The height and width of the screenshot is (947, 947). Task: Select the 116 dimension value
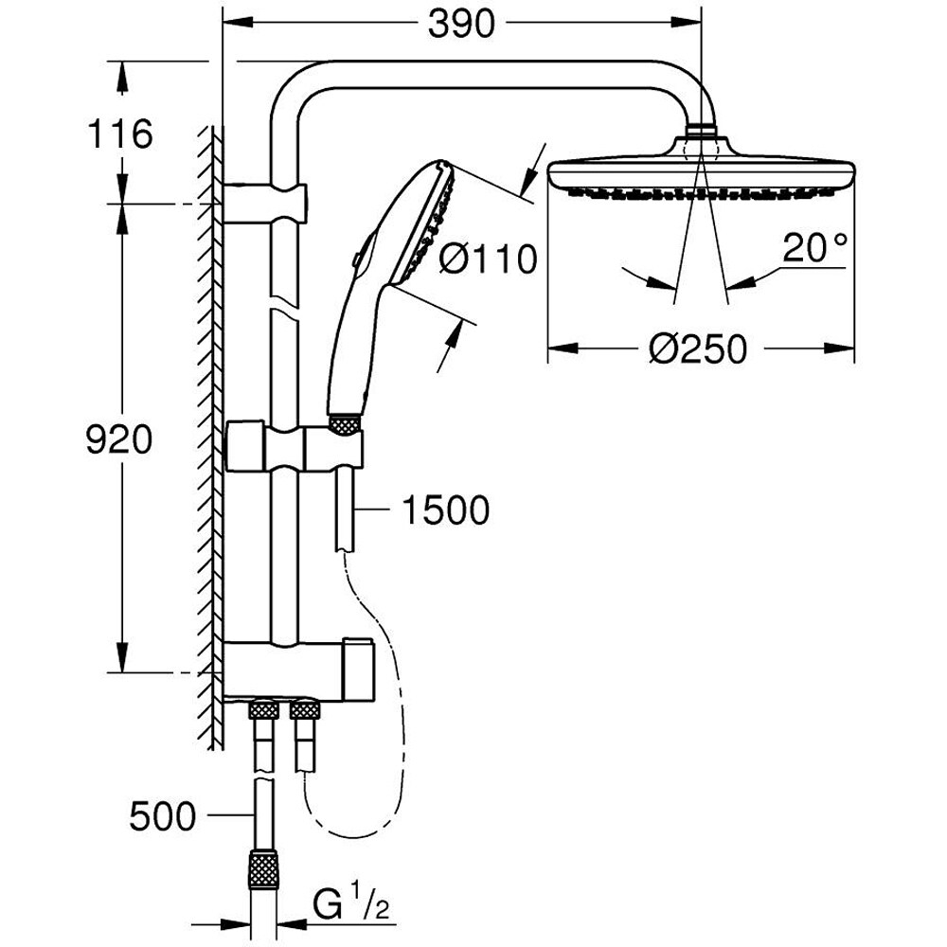119,134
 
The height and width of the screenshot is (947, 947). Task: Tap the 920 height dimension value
119,439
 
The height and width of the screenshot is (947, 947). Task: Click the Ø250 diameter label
699,348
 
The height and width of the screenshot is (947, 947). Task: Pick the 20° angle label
813,248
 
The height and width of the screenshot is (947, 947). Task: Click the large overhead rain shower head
701,175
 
